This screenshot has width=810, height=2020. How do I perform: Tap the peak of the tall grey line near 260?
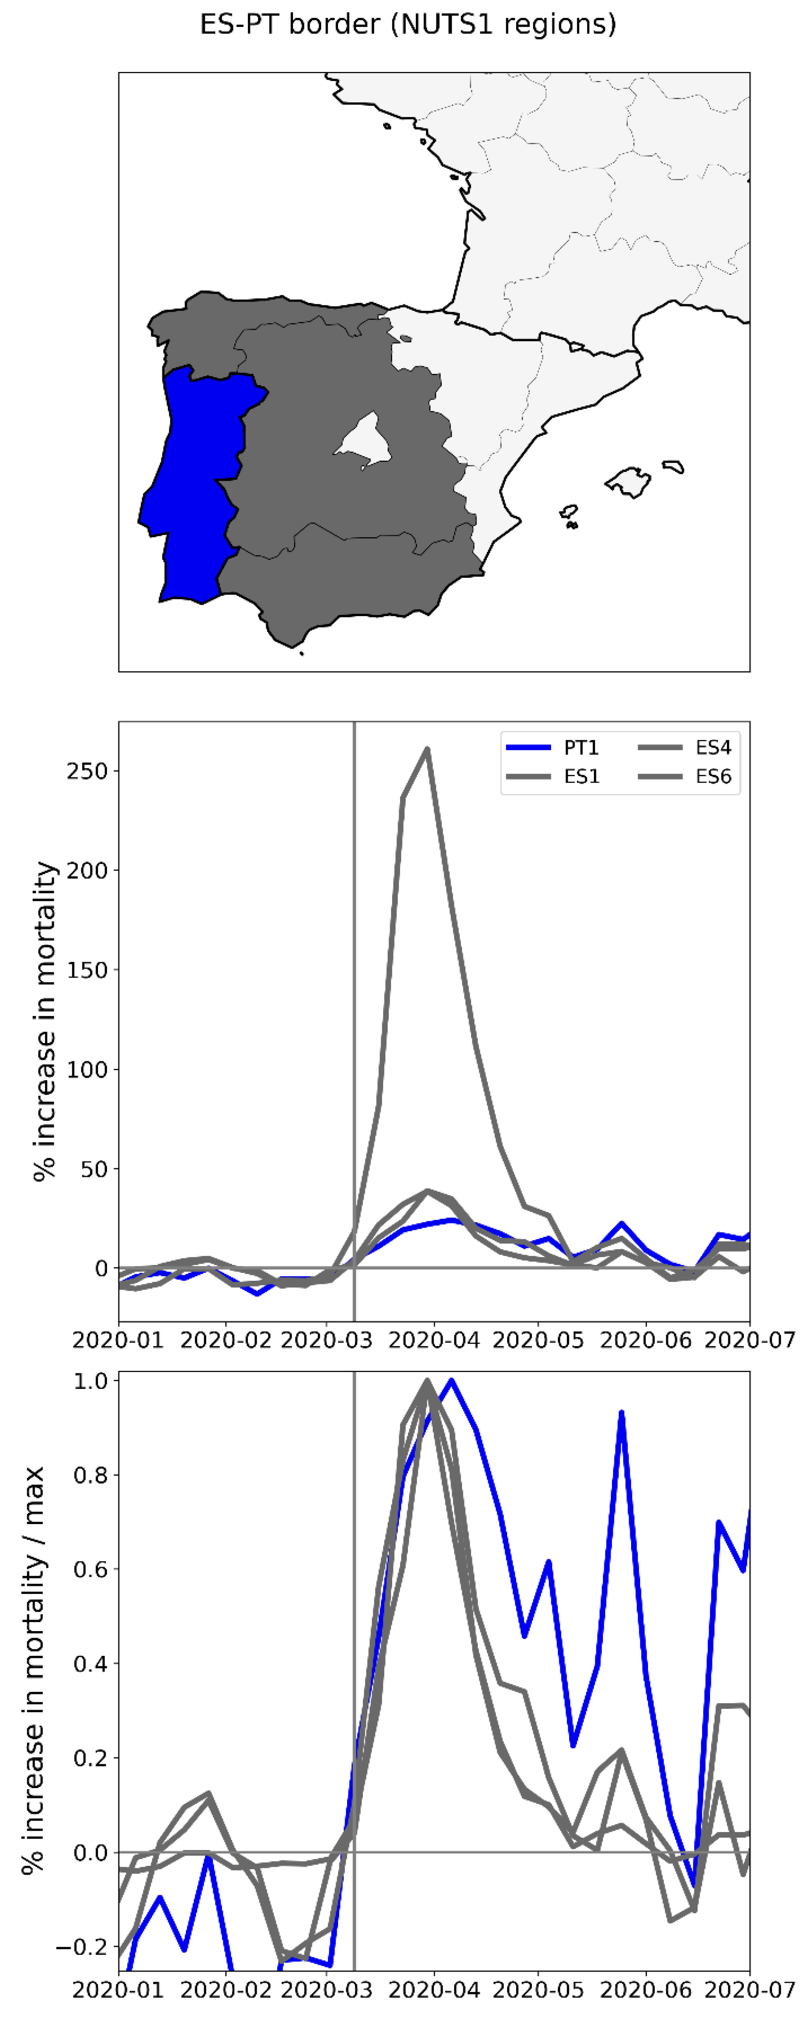pos(426,749)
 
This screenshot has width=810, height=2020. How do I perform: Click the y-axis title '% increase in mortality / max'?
pos(33,1670)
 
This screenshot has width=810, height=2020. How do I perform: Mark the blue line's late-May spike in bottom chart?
pos(621,1412)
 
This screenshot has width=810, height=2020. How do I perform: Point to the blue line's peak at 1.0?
pos(451,1381)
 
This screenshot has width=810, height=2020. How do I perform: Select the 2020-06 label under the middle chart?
pos(646,1340)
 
